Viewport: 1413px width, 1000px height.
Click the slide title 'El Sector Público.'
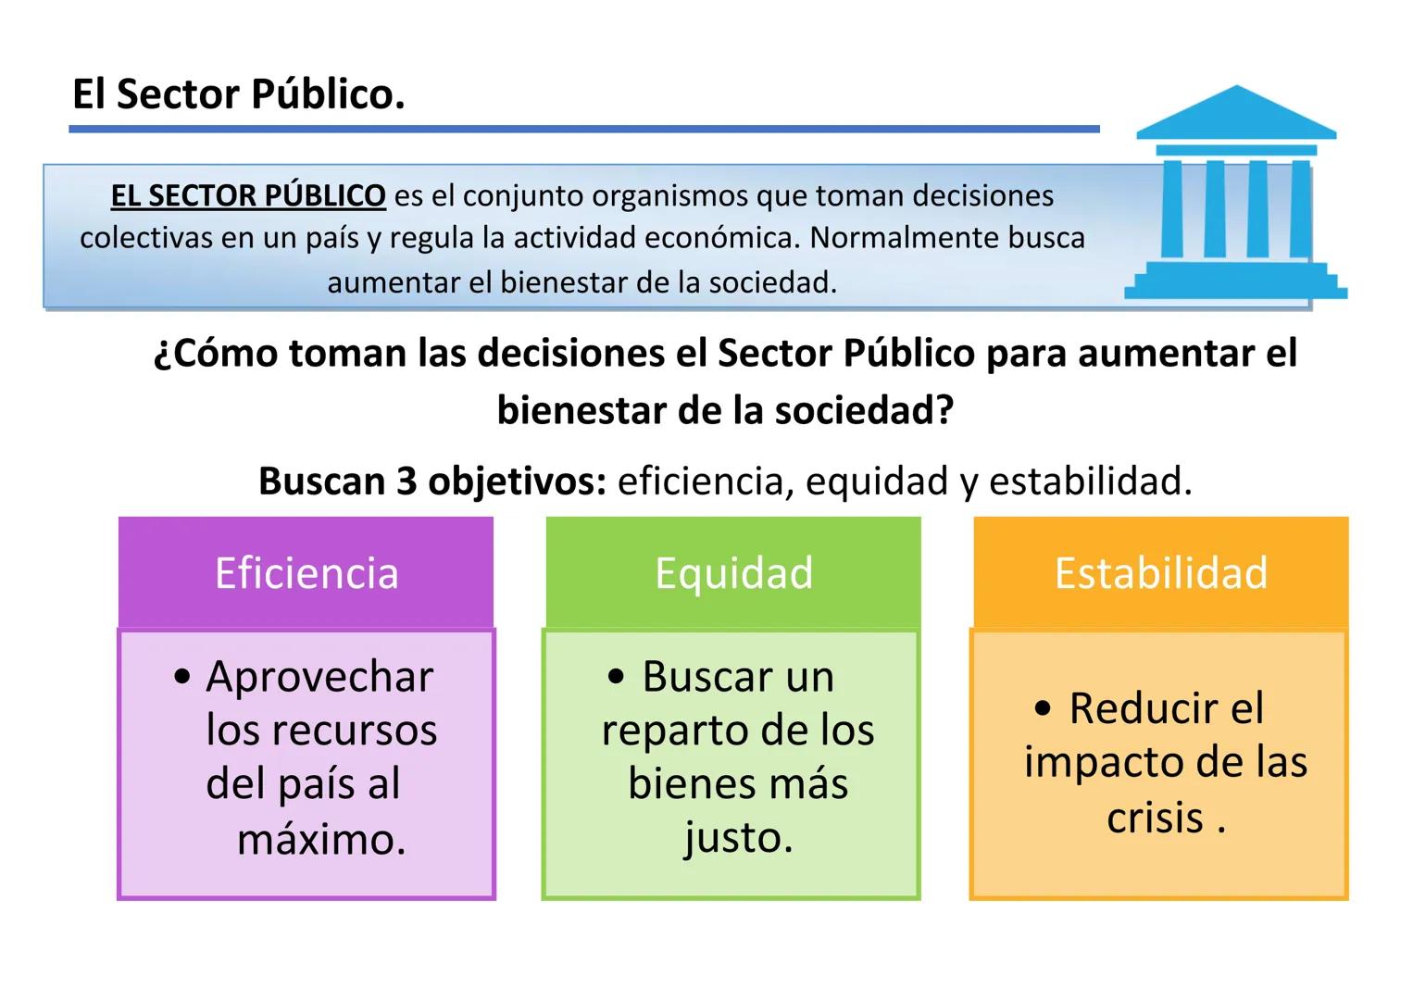239,94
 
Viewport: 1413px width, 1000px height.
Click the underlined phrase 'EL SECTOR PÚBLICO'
248,195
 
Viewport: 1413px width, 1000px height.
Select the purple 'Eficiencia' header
306,572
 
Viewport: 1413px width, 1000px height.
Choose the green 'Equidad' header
733,572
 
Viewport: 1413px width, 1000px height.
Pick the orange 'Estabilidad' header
1160,572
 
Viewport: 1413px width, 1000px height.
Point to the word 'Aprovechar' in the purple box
319,677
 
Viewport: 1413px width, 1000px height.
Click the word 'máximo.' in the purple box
321,839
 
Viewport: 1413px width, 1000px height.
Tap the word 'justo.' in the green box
738,837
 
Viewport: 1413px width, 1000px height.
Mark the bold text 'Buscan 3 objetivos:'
432,481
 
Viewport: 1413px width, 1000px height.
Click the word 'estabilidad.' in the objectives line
1090,481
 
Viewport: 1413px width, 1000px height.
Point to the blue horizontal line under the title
583,130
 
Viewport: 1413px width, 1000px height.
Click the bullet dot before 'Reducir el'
1044,709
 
